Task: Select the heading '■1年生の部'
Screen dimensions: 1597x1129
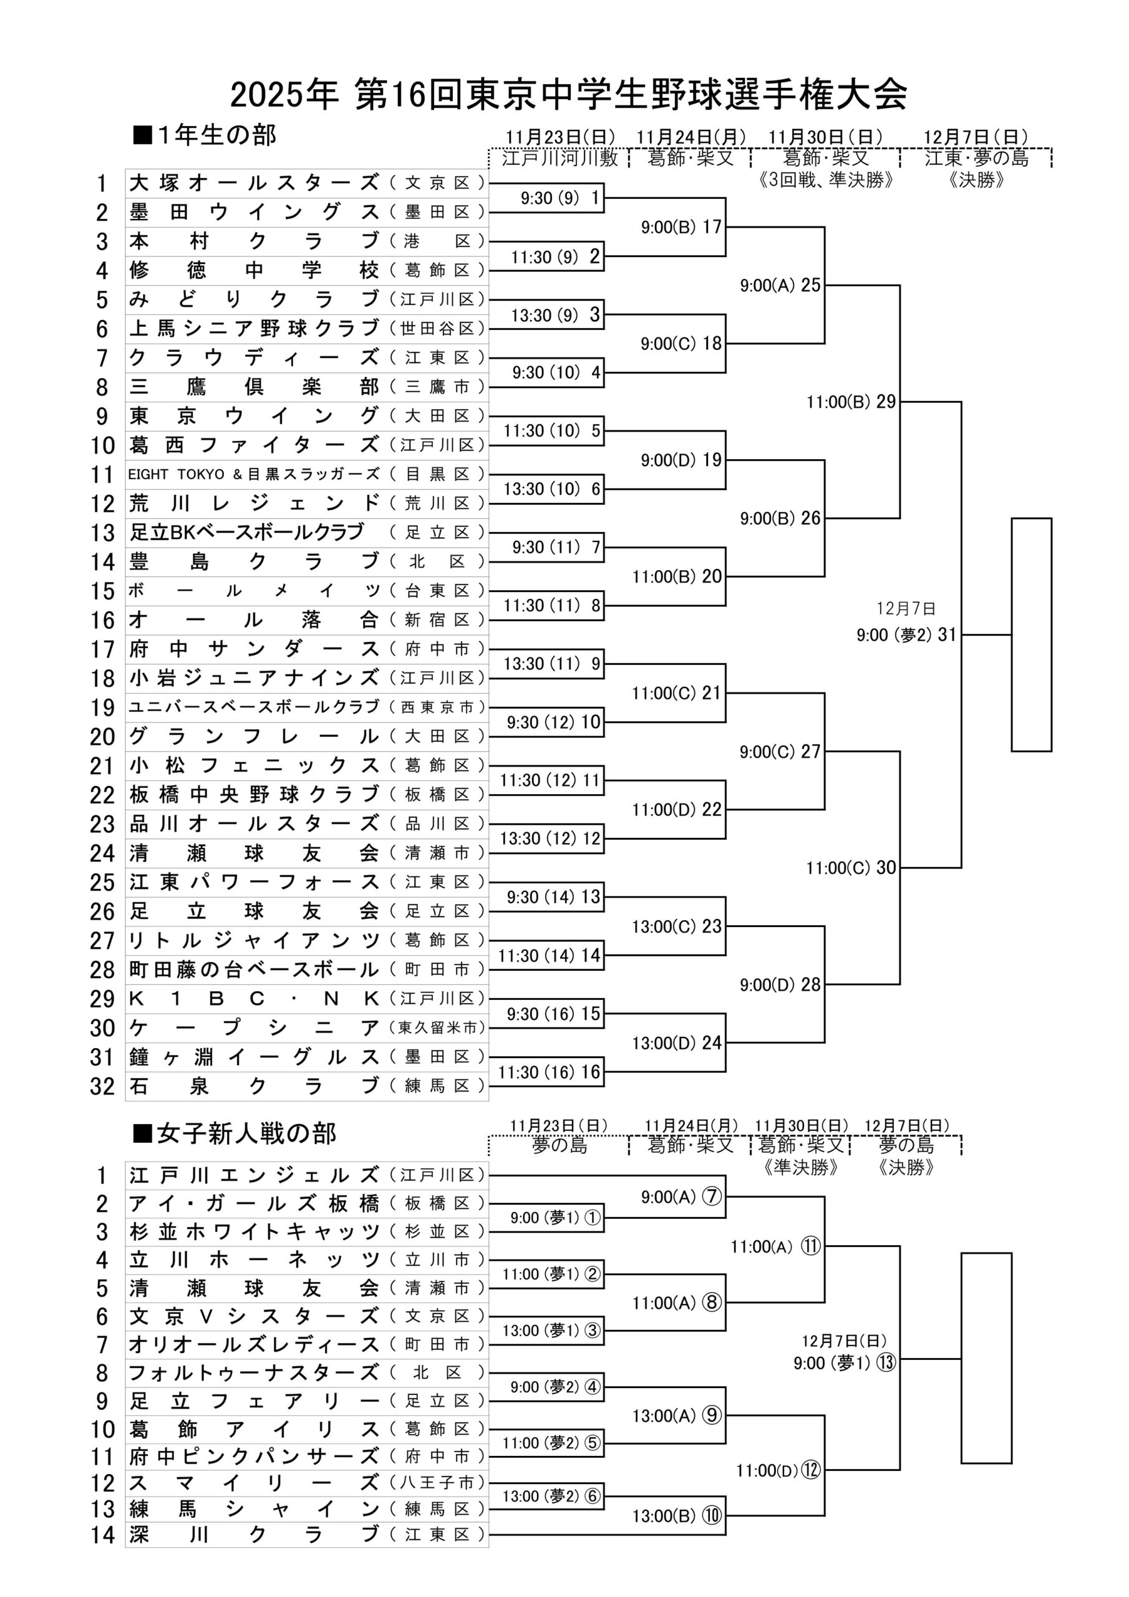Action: [x=205, y=135]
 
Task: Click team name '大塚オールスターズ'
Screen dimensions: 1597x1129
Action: [x=254, y=183]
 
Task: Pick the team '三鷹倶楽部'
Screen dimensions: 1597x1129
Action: [x=254, y=387]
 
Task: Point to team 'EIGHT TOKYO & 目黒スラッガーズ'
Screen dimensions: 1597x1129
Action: [x=254, y=474]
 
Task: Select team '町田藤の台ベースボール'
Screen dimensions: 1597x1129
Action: [x=254, y=969]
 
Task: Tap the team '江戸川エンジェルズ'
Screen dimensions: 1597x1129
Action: [x=254, y=1175]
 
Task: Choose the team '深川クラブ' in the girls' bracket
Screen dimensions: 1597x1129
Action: [x=254, y=1534]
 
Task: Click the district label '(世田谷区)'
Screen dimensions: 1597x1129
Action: [x=437, y=328]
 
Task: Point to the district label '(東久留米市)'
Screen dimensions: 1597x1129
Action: [x=437, y=1028]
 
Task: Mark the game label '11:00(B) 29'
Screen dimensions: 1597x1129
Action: [x=851, y=402]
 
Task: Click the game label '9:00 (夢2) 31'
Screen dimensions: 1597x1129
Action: [x=906, y=635]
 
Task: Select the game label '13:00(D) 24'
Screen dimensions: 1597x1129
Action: [x=676, y=1043]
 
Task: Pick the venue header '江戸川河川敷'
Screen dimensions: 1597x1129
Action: [x=560, y=158]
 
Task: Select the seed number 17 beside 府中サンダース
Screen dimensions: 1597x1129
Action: [x=102, y=649]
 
